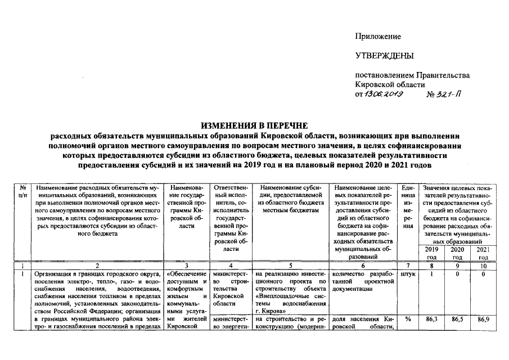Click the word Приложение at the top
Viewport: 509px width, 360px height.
tap(377, 37)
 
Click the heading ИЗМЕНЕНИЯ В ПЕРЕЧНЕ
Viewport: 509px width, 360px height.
tap(255, 125)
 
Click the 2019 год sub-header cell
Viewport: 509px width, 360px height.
tap(431, 253)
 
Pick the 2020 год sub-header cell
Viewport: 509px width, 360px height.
tap(458, 253)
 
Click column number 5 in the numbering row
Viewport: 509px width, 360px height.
tap(290, 264)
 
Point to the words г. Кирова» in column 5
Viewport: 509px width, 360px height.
tap(271, 309)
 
